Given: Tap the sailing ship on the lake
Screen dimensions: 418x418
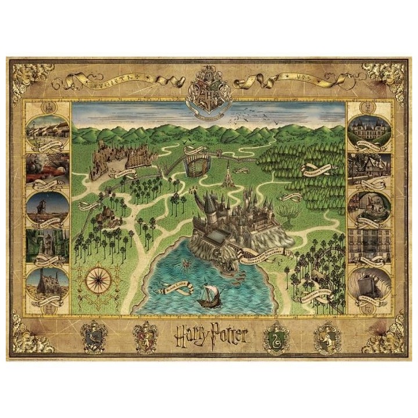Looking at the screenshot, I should pyautogui.click(x=207, y=296).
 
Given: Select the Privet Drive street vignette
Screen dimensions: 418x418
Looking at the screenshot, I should pyautogui.click(x=48, y=134).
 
